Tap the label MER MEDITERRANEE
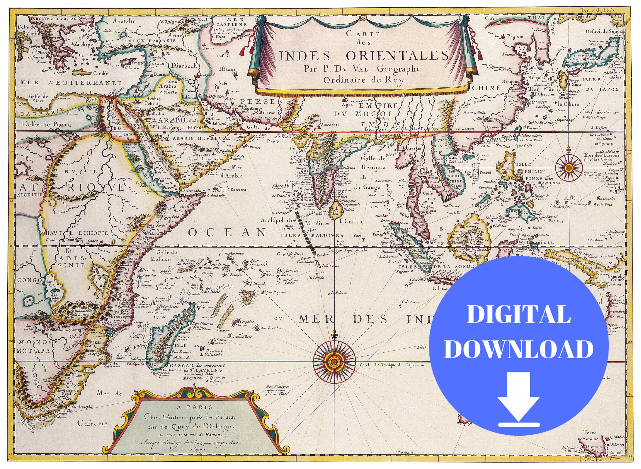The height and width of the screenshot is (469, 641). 71,83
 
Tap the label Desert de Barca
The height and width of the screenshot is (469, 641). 46,124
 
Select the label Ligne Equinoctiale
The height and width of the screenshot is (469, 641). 348,250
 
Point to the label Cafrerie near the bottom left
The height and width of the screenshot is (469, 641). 89,431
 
